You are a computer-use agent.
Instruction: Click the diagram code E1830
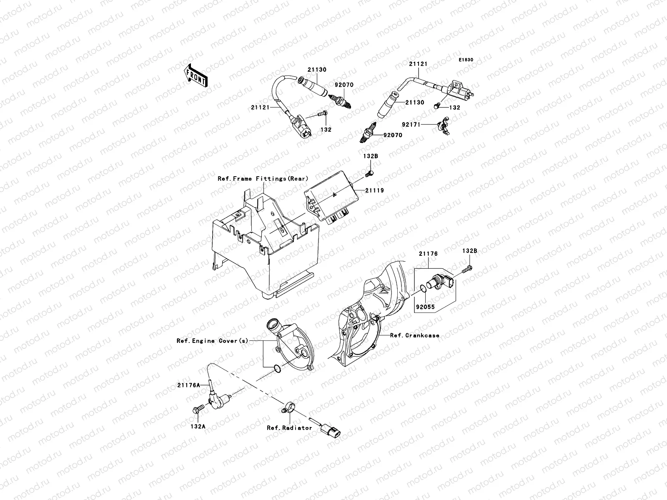[466, 60]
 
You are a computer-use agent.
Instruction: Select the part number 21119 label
[375, 190]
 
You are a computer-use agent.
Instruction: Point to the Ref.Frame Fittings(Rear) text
[263, 179]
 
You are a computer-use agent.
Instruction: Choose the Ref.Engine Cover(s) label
[212, 340]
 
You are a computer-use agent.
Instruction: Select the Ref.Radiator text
[289, 427]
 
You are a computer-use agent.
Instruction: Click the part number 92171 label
[411, 124]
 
